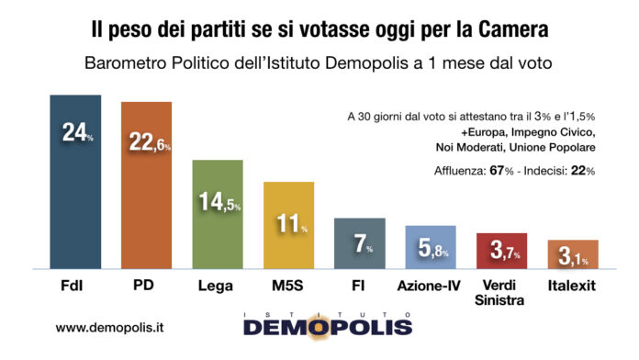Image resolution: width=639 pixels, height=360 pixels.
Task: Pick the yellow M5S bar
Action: click(288, 225)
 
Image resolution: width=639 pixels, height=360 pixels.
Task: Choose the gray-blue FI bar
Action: click(359, 243)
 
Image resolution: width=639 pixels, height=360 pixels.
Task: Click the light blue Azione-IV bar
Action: click(431, 246)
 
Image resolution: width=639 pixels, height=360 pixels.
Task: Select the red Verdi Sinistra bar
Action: click(501, 251)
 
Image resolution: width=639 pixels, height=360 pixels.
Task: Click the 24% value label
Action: click(77, 132)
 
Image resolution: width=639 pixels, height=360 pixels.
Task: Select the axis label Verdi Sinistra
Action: click(501, 292)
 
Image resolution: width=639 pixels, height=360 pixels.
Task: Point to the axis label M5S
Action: click(288, 286)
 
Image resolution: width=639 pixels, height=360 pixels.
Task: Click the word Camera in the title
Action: click(509, 29)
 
